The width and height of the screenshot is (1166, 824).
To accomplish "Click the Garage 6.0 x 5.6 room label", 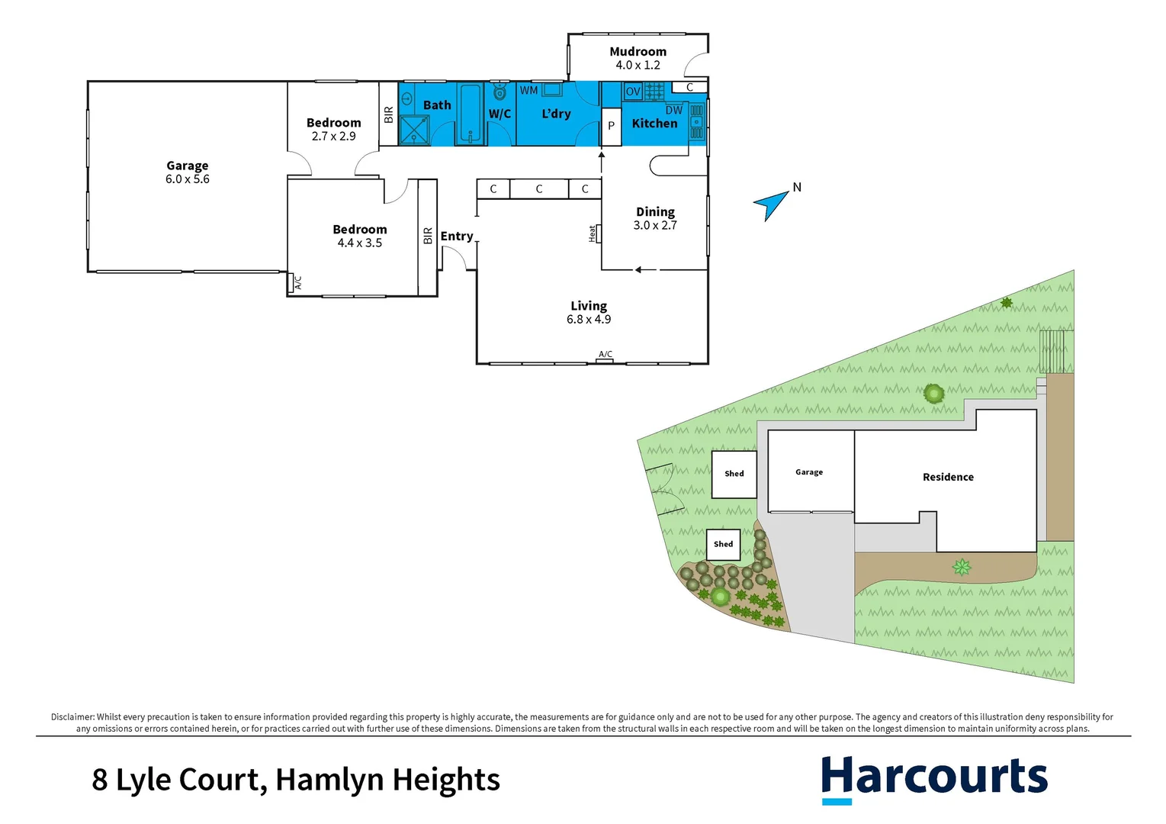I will click(x=187, y=172).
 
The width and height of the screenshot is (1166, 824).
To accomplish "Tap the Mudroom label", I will click(x=638, y=52).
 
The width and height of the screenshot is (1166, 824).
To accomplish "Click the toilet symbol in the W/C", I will click(x=499, y=92).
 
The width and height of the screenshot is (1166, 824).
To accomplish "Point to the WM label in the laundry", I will click(x=528, y=91).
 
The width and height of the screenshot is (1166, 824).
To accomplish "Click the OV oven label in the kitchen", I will click(x=633, y=92).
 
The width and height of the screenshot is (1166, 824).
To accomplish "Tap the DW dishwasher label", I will click(x=673, y=111).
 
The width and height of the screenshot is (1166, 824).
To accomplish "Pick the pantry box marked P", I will click(x=611, y=126).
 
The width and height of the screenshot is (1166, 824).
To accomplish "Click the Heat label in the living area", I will click(x=593, y=233).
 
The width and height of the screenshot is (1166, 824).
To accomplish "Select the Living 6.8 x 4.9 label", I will click(x=589, y=312).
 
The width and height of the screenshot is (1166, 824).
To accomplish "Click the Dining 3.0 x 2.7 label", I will click(x=655, y=218).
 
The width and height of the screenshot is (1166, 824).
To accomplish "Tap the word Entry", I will click(x=457, y=237).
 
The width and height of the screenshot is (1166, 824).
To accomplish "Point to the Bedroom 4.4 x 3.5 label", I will click(x=360, y=236).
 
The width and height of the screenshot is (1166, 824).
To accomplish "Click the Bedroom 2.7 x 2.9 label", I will click(x=333, y=129).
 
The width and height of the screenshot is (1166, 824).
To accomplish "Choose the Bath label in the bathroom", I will click(x=437, y=105).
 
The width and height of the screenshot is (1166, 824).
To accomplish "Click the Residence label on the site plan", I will click(x=948, y=478).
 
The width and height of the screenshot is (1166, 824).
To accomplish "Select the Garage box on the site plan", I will click(x=810, y=472).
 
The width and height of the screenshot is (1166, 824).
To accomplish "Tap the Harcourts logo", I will click(x=934, y=778).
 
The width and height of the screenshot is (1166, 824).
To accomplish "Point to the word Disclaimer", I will click(x=72, y=717).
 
